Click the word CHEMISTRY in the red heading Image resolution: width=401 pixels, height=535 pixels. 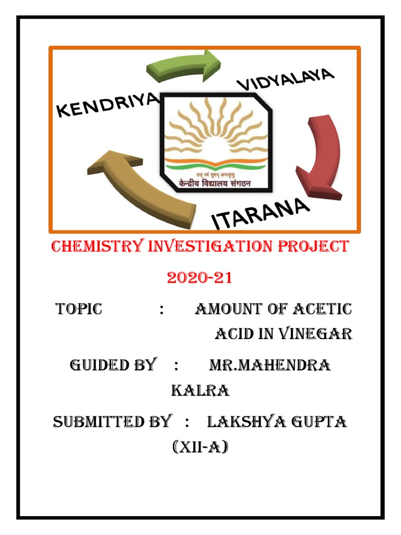pos(94,247)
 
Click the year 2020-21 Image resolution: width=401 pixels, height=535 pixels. pos(199,277)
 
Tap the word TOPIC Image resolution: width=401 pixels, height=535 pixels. pos(79,309)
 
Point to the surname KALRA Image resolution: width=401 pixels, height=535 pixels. pos(200,390)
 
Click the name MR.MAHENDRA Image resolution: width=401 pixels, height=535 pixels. pos(269,365)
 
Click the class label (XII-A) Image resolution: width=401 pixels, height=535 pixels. pos(200,447)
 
